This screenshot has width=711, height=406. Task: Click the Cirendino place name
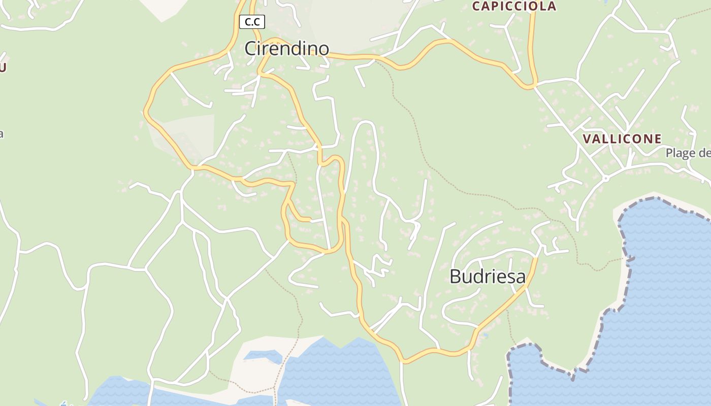286,49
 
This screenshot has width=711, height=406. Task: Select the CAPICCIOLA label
514,6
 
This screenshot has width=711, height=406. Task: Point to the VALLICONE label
622,139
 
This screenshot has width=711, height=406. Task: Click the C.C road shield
252,21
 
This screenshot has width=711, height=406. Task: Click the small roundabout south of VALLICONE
605,178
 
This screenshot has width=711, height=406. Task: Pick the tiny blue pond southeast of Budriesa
486,335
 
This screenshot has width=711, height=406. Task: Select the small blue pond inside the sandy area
263,356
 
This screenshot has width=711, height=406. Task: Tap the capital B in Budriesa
456,277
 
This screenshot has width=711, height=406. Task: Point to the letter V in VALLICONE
587,139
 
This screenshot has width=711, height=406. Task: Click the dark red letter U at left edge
3,67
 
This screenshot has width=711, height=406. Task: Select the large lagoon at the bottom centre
335,370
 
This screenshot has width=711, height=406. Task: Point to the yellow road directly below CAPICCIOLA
532,46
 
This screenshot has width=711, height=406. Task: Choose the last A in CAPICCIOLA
552,6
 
